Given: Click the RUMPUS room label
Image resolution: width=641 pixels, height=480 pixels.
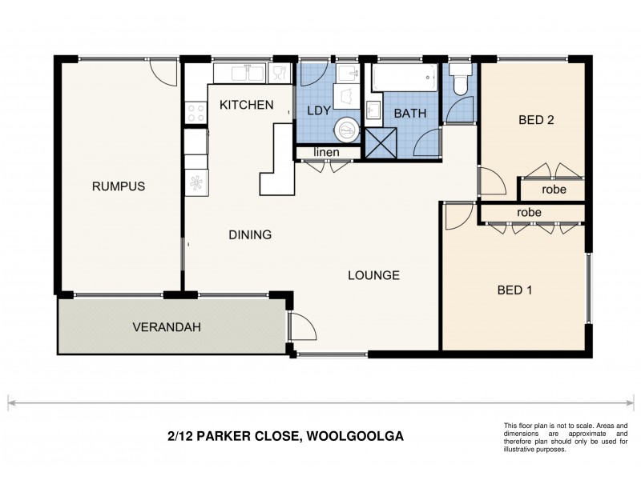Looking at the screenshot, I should click(x=118, y=186).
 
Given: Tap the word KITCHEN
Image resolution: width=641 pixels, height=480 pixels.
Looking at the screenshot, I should click(x=247, y=105).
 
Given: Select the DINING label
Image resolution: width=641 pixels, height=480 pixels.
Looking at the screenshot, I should click(x=250, y=235).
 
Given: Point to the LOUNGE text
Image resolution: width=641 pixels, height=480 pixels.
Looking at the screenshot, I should click(x=373, y=275).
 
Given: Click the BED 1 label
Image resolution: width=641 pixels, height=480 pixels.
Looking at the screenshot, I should click(x=514, y=290).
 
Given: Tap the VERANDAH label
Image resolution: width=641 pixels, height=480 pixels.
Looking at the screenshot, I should click(x=166, y=326).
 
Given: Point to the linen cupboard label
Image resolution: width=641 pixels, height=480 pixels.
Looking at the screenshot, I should click(x=325, y=152).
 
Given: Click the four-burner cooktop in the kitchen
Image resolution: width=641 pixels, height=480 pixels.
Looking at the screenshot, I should click(x=196, y=113).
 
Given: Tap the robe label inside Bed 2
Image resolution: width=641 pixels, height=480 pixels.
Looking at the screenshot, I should click(x=554, y=190).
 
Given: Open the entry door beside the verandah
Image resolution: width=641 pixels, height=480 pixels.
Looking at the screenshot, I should click(x=301, y=328).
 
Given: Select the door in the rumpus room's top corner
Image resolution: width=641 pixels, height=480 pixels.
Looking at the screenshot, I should click(x=163, y=74).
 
